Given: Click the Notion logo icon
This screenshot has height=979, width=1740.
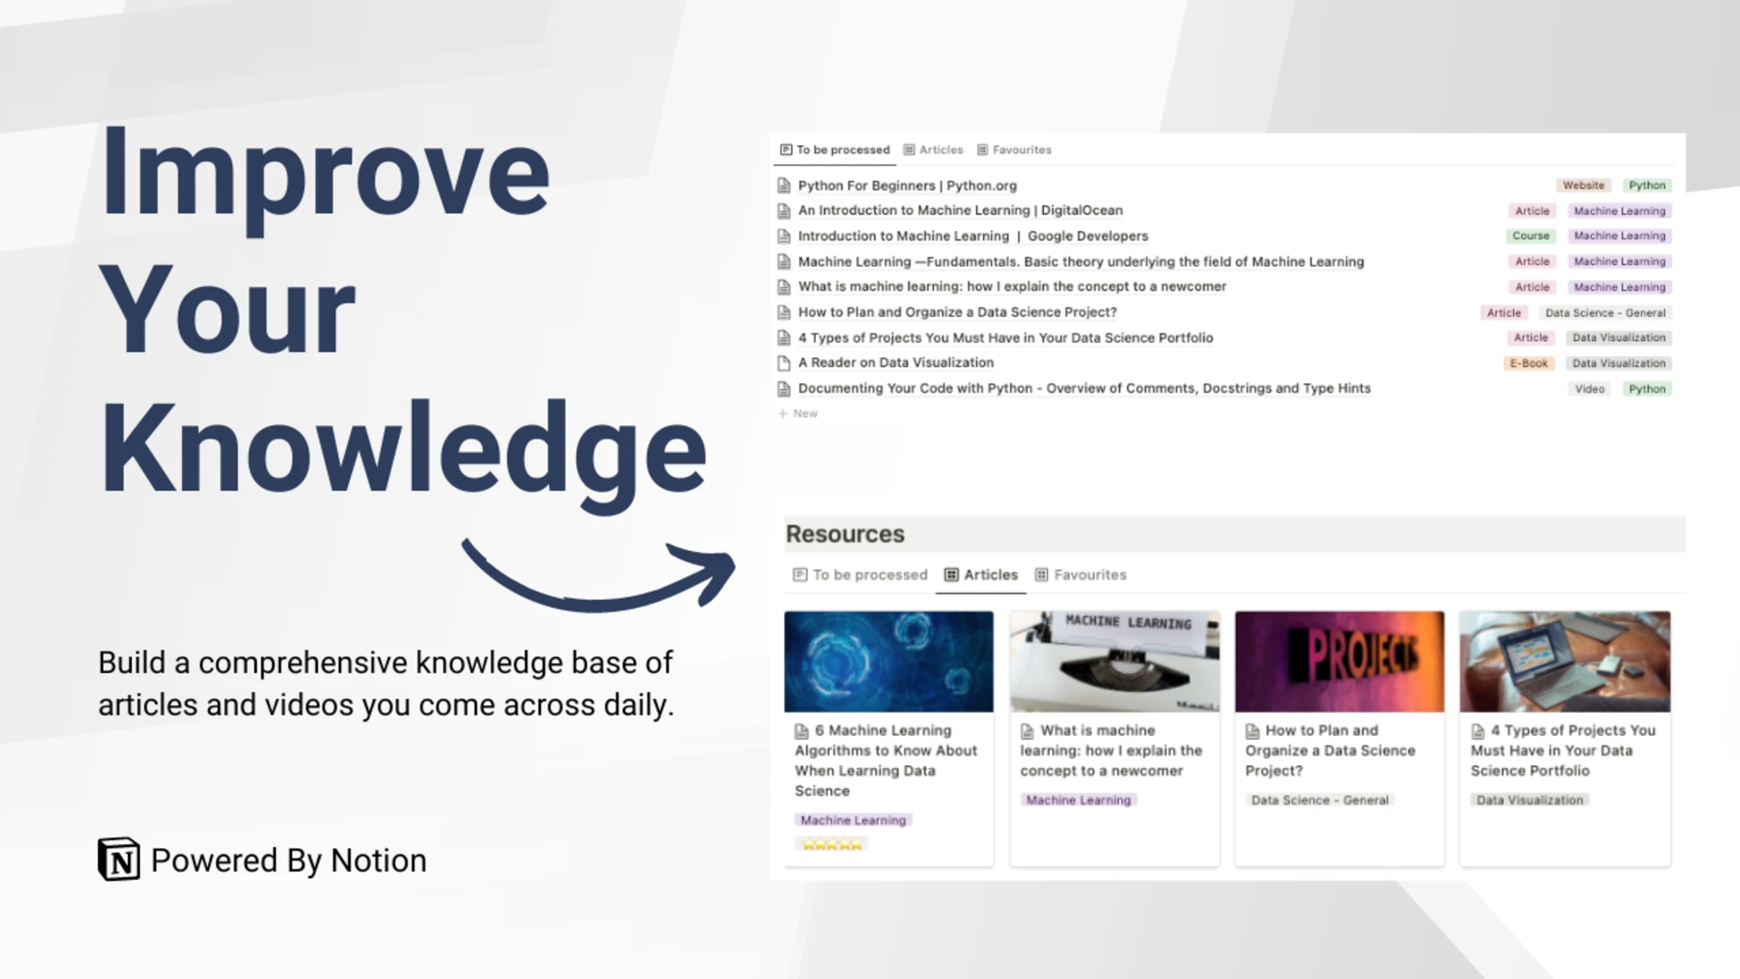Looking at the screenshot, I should pyautogui.click(x=119, y=859).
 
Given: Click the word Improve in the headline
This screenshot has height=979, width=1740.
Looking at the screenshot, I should pyautogui.click(x=325, y=174).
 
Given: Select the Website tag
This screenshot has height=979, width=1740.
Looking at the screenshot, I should pyautogui.click(x=1583, y=186).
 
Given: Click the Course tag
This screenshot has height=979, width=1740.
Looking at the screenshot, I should pyautogui.click(x=1530, y=236).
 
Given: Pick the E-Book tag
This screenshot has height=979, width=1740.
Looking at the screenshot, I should pyautogui.click(x=1528, y=363).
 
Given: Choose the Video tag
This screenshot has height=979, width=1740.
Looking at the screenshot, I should pyautogui.click(x=1589, y=389).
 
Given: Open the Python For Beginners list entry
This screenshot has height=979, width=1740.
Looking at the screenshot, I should pyautogui.click(x=907, y=186).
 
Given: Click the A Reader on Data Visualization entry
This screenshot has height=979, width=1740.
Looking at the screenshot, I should pyautogui.click(x=895, y=363).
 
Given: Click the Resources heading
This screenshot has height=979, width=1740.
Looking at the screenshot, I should pyautogui.click(x=845, y=534).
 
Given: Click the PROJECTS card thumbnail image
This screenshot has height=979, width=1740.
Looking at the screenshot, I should pyautogui.click(x=1339, y=661).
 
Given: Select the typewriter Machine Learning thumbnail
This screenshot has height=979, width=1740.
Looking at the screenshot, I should pyautogui.click(x=1114, y=661).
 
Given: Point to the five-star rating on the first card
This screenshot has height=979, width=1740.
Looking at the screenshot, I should pyautogui.click(x=832, y=845).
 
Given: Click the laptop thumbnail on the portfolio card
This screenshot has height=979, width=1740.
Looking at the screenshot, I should pyautogui.click(x=1565, y=661).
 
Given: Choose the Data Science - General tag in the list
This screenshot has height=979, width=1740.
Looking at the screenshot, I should pyautogui.click(x=1604, y=313).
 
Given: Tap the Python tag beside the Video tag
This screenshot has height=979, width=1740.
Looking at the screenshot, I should pyautogui.click(x=1646, y=389).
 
